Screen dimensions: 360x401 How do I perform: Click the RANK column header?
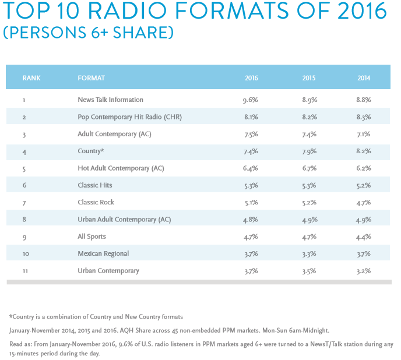click(x=31, y=77)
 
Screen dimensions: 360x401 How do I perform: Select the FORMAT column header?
click(x=91, y=77)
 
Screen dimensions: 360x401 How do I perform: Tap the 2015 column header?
click(x=309, y=77)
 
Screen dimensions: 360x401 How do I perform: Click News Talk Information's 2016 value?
click(x=251, y=100)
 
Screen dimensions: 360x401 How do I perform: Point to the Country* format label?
click(x=90, y=151)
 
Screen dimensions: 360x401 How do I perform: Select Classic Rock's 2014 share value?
click(x=364, y=202)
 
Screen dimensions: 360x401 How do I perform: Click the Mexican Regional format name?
click(x=103, y=253)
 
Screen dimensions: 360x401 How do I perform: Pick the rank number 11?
click(x=24, y=270)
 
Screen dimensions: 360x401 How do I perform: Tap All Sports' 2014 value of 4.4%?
click(x=364, y=237)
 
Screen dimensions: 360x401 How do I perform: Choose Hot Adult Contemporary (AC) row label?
click(x=121, y=168)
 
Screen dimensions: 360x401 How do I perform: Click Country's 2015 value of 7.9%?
click(x=309, y=151)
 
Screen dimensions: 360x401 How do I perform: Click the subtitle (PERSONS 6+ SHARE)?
click(x=88, y=32)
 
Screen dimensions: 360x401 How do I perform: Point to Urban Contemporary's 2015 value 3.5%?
click(x=309, y=270)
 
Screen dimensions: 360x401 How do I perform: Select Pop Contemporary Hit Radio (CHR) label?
click(x=129, y=117)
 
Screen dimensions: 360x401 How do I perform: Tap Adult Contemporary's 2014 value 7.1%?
click(x=364, y=134)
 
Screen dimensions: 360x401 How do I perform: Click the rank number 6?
click(x=24, y=185)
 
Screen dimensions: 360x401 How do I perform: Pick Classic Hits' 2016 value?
click(x=251, y=185)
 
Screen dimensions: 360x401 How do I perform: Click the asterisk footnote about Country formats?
click(x=96, y=317)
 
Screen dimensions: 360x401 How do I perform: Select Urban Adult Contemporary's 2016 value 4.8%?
click(x=251, y=219)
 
